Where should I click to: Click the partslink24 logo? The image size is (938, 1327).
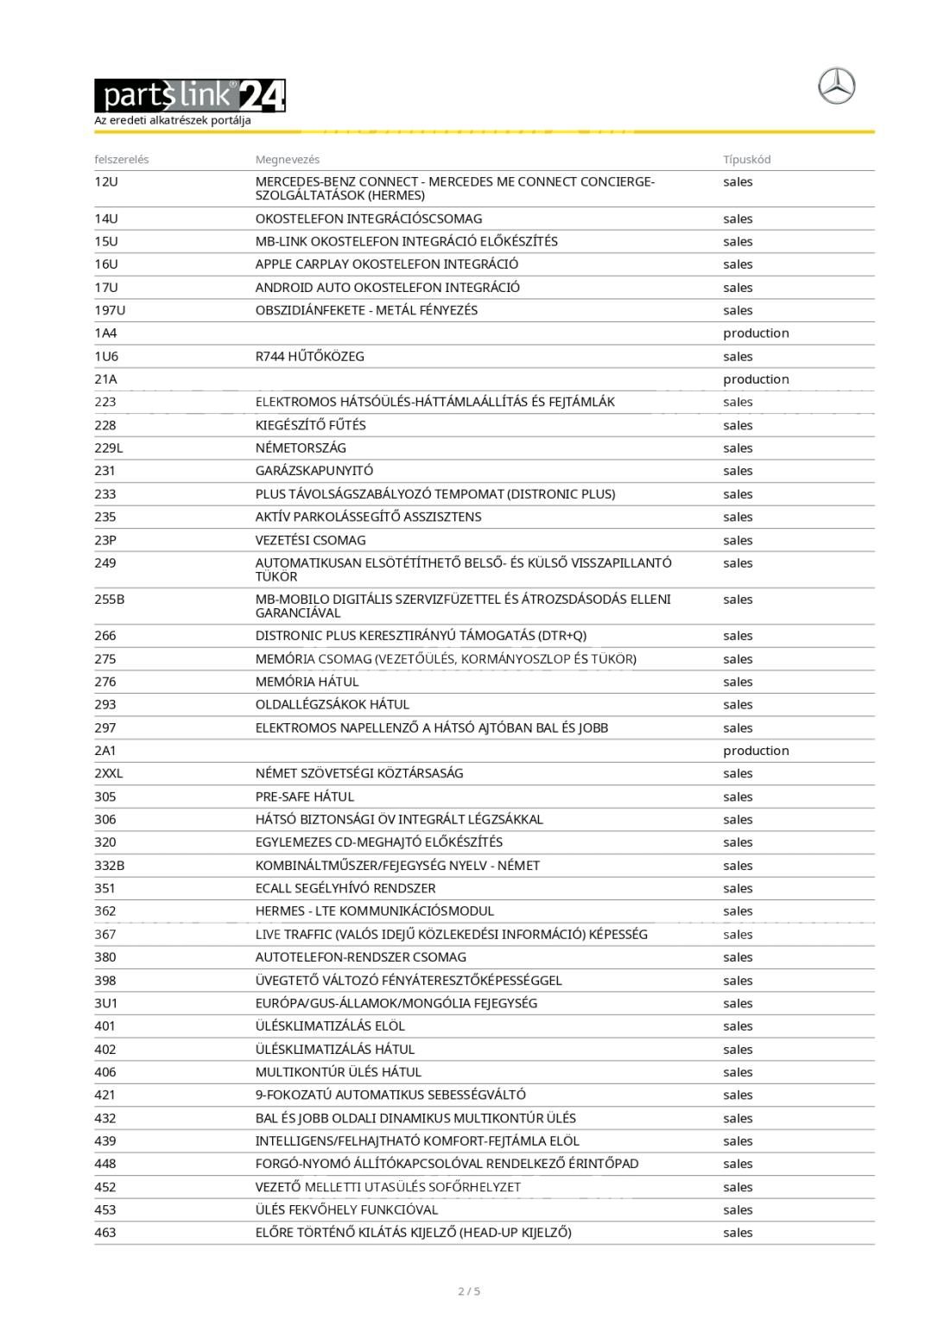tap(189, 96)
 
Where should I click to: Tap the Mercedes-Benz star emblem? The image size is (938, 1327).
tap(836, 87)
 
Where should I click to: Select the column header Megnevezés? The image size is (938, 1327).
tap(288, 160)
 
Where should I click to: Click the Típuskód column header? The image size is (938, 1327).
tap(747, 160)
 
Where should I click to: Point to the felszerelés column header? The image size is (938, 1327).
tap(122, 160)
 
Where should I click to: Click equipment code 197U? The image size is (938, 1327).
tap(110, 310)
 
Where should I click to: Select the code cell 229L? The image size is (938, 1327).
tap(109, 448)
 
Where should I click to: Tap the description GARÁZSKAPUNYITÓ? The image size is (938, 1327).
tap(314, 471)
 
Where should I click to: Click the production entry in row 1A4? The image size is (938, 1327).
tap(756, 333)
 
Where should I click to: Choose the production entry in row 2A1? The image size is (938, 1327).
tap(756, 751)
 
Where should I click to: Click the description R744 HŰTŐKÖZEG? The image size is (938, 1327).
tap(309, 357)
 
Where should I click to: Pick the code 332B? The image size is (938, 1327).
tap(110, 866)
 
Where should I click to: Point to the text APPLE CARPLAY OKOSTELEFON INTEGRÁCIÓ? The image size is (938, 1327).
tap(387, 264)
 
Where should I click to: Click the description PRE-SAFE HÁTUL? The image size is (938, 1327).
tap(304, 797)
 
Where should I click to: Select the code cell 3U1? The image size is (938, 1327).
tap(106, 1003)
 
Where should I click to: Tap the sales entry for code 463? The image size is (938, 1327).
tap(738, 1233)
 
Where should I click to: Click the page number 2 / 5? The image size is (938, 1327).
tap(469, 1292)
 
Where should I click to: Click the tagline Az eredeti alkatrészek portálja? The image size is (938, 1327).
tap(173, 121)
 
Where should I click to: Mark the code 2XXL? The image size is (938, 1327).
tap(109, 773)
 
